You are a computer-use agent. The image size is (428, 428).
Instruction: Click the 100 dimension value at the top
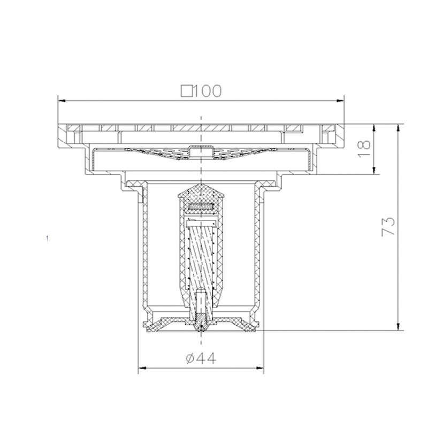(208, 91)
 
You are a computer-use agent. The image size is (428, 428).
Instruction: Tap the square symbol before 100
(187, 91)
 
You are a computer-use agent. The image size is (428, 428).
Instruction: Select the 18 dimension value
(364, 149)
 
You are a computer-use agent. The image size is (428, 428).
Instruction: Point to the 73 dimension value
(388, 226)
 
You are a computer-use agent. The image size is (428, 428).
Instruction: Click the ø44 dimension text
(201, 358)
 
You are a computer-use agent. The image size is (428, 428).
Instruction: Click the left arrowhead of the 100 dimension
(62, 101)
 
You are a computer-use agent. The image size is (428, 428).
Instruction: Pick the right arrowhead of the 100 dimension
(340, 101)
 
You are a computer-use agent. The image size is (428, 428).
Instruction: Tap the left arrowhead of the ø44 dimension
(142, 368)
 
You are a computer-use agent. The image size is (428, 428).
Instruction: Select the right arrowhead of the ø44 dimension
(260, 368)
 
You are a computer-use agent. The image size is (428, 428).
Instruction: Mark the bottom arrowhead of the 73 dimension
(399, 326)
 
